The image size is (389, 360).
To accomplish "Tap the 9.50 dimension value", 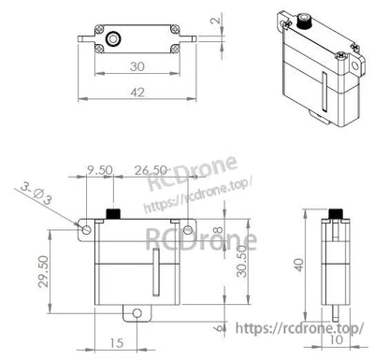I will point(101,171).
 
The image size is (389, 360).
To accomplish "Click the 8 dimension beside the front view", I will point(218,232).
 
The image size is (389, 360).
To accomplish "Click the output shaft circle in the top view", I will point(113,39).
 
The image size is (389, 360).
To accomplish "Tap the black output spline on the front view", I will point(112,215).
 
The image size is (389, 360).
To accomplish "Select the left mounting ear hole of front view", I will point(85,228).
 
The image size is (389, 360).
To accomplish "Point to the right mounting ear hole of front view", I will point(186,228).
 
